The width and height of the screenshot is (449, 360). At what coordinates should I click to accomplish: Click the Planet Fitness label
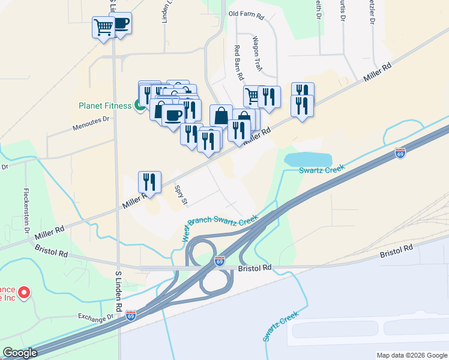104,106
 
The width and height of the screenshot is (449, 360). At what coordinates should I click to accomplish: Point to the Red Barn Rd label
238,63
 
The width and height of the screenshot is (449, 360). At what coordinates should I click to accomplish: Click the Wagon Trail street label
257,53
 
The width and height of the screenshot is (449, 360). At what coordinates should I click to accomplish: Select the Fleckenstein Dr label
26,209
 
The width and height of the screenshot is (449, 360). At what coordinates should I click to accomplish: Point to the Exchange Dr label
95,316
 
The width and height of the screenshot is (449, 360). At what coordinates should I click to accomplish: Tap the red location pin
24,293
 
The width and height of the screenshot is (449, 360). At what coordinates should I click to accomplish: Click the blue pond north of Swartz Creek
308,160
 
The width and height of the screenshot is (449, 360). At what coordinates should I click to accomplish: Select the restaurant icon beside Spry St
149,182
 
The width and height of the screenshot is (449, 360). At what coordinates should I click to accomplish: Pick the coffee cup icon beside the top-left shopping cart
120,24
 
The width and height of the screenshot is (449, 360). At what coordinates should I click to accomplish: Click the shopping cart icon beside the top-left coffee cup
103,27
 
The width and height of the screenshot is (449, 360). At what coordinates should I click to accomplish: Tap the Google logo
19,353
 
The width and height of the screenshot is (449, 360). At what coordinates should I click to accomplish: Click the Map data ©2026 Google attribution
411,355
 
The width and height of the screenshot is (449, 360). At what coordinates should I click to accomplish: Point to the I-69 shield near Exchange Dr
131,314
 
